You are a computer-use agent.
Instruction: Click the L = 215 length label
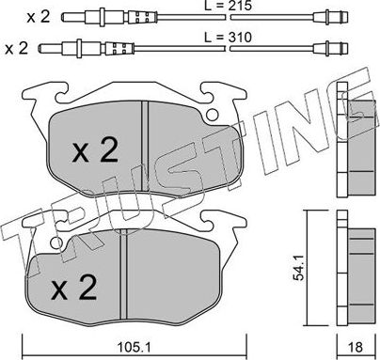229,6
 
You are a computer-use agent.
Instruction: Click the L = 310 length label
229,38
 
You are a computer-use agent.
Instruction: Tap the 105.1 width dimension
134,347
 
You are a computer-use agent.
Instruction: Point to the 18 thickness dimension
356,347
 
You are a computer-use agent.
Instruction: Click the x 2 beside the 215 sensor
39,16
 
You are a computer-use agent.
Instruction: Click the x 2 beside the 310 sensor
17,48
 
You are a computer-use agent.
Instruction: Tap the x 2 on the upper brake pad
95,149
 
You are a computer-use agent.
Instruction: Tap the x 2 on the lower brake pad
74,288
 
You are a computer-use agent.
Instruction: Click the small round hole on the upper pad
213,115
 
